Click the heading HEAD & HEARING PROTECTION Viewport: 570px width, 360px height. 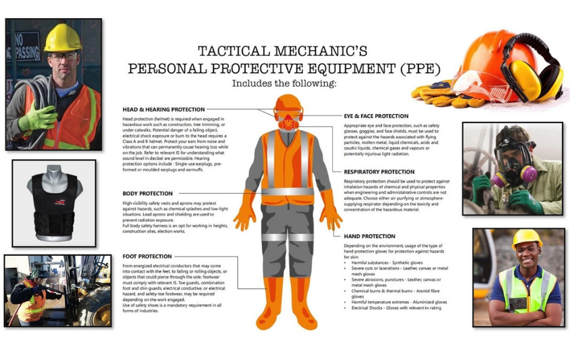(163, 110)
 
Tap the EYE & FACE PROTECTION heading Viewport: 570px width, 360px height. (375, 116)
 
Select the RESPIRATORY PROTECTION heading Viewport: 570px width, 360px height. (379, 172)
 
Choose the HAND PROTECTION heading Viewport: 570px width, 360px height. (369, 236)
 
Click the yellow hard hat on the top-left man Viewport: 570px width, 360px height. (62, 38)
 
